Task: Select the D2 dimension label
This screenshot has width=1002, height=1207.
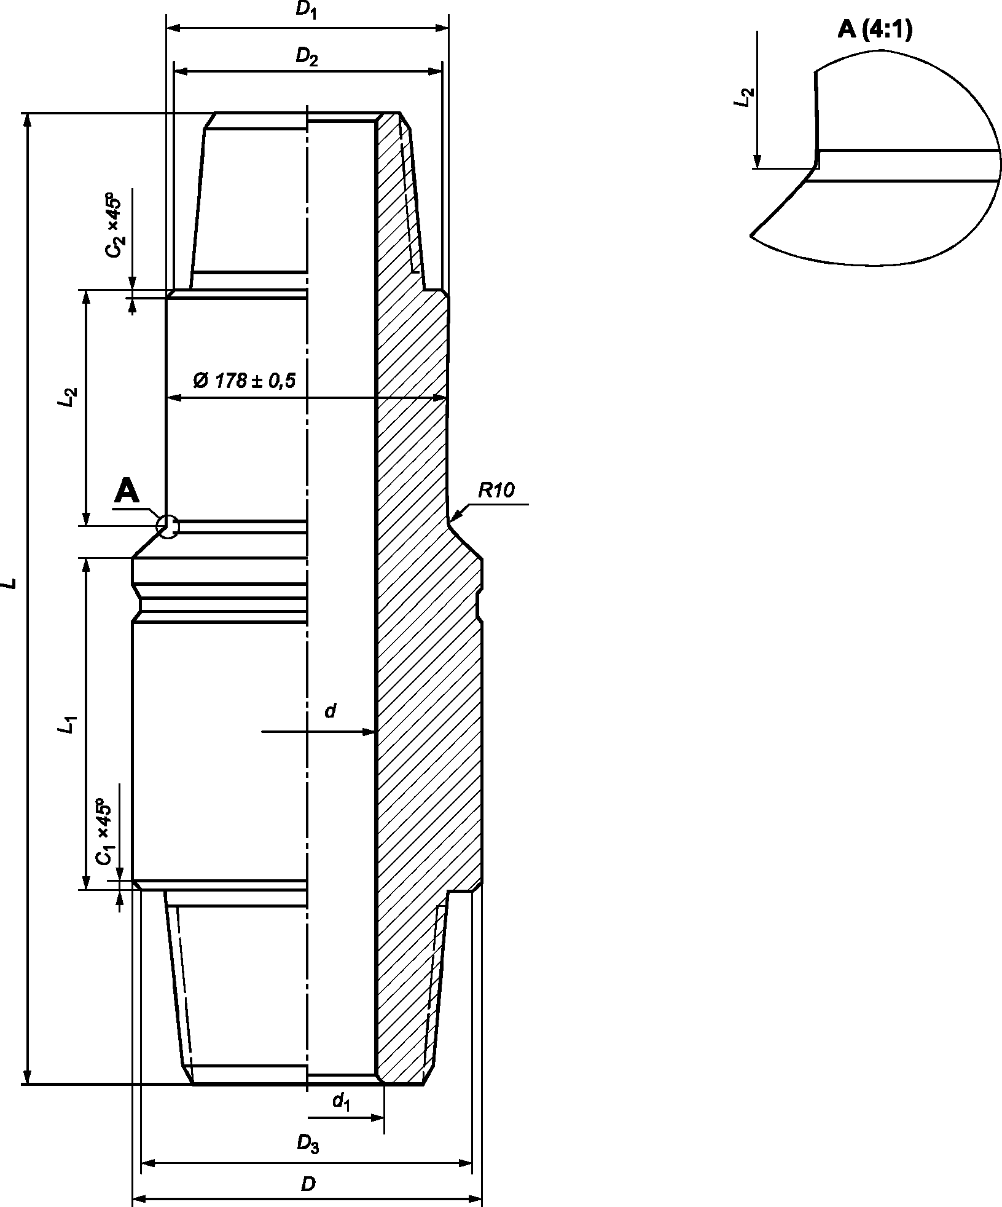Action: tap(307, 57)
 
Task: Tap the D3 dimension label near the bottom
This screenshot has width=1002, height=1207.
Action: tap(308, 1144)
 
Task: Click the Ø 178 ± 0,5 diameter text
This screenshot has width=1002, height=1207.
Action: tap(245, 381)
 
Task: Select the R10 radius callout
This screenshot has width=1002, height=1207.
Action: tap(496, 490)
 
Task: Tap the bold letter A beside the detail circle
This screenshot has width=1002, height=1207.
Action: tap(127, 491)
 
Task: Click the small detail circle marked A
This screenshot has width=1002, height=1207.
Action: tap(167, 526)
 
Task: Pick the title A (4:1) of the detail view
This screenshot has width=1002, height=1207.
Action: tap(875, 29)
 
